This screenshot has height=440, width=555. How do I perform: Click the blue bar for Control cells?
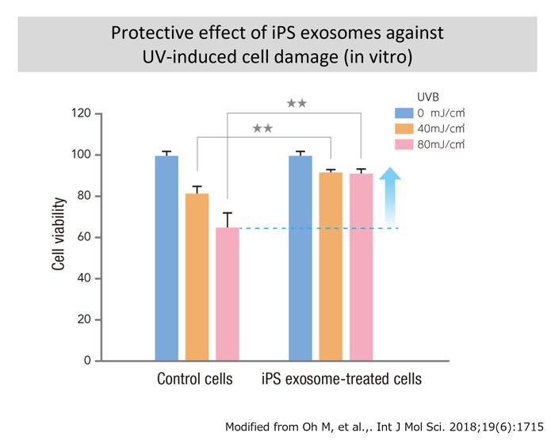point(166,258)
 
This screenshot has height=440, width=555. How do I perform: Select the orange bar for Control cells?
point(197,277)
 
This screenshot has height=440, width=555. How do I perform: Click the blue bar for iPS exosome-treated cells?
point(300,258)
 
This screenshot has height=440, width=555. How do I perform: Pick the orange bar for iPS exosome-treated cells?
point(331,266)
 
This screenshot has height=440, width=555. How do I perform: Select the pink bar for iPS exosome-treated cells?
point(362,266)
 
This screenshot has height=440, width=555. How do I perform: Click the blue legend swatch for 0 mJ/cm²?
point(404,113)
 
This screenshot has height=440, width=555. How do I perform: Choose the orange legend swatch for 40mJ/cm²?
point(404,128)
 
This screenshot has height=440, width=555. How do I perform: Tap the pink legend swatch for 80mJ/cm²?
point(404,144)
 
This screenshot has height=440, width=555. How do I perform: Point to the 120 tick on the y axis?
point(80,113)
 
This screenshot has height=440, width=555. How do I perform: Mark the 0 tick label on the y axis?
point(86,361)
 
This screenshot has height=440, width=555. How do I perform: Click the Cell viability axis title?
point(59,235)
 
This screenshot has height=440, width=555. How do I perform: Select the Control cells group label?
point(195,379)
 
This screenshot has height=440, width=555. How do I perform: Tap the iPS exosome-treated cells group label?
point(342,379)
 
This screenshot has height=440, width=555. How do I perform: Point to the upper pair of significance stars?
point(297,103)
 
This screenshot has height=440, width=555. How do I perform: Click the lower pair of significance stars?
point(262,128)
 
